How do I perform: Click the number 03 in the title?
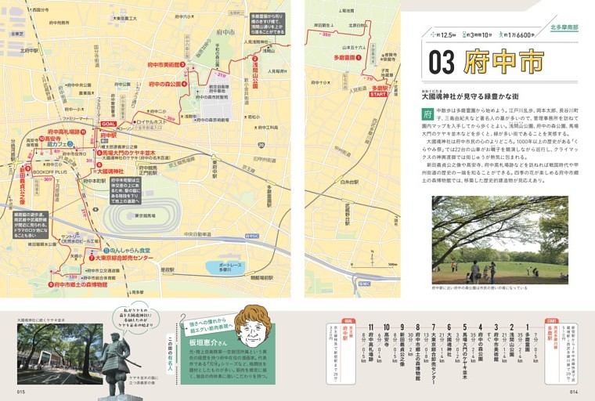443,61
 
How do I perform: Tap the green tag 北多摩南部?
564,27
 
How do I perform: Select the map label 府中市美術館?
160,64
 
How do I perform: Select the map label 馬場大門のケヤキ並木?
127,154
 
